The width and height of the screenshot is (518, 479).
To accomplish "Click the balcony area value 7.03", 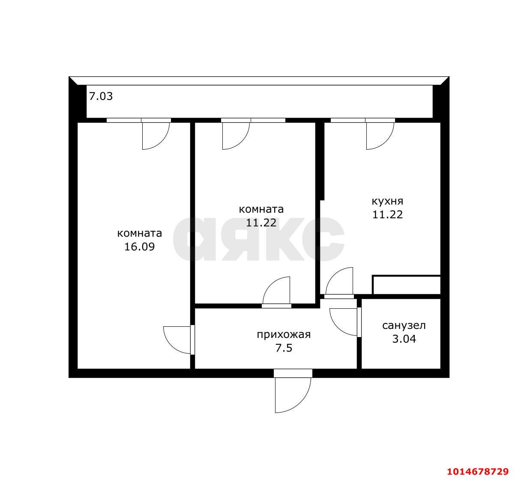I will tap(101, 96).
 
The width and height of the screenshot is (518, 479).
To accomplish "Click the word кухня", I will tap(387, 201).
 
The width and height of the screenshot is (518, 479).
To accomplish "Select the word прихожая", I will tap(284, 334).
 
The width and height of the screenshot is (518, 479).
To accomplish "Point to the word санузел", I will tap(404, 325).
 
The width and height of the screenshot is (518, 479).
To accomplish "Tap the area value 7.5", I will tap(284, 348).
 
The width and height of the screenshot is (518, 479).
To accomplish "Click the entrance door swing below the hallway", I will tap(293, 392).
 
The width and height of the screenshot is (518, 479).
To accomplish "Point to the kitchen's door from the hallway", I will tap(339, 282).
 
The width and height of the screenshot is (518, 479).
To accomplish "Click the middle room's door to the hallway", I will tap(277, 292).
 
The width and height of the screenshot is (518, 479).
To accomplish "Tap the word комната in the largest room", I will tap(139, 233).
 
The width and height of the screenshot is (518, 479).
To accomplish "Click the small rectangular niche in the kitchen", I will tap(406, 285).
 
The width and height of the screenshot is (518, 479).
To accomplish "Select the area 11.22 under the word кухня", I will tap(387, 214).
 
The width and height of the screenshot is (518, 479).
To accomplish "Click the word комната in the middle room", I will tap(261, 209).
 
